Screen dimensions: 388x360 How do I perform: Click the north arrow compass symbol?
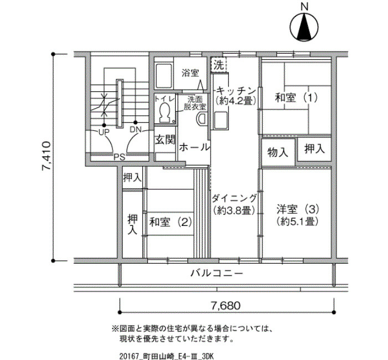(304, 27)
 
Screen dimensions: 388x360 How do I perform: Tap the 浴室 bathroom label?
(190, 73)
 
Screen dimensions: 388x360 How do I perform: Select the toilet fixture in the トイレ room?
(165, 113)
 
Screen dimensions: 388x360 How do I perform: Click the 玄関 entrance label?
(165, 140)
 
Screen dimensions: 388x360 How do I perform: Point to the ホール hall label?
(194, 148)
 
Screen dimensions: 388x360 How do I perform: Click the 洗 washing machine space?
(219, 65)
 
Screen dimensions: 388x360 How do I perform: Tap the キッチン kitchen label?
(236, 90)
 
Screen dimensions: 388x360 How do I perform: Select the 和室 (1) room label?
(296, 98)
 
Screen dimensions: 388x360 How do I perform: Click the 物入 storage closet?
(278, 152)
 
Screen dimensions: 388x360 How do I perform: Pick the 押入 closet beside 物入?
(314, 149)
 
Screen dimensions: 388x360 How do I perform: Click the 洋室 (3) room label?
(298, 210)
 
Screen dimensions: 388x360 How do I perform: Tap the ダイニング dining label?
(234, 198)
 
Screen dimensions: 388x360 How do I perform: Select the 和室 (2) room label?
(171, 222)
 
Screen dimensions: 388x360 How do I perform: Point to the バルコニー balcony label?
(217, 274)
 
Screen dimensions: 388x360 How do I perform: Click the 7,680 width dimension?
(226, 306)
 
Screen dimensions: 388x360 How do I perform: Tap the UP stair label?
(104, 132)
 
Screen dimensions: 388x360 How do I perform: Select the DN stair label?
(135, 130)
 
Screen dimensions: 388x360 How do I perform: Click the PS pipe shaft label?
(119, 157)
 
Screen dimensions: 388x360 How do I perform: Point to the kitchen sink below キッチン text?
(221, 120)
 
